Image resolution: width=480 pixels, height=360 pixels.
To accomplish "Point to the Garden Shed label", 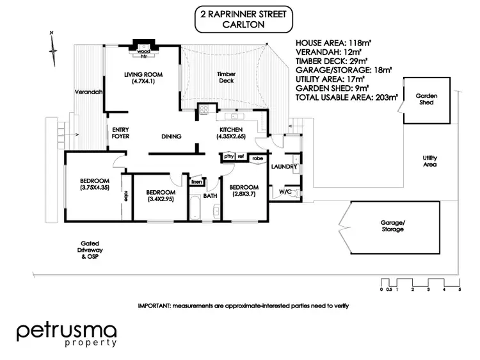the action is pos(426,97).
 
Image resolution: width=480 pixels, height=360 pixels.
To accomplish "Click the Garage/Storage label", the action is pos(393,225).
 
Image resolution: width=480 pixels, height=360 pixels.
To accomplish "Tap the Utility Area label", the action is pos(429,161).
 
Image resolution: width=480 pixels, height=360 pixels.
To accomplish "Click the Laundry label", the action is pos(284,167).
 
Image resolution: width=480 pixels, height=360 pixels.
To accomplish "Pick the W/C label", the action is pos(283,190).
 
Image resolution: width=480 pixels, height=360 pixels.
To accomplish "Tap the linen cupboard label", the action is pos(197,182).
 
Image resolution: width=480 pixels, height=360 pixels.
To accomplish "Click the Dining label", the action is pos(172,136).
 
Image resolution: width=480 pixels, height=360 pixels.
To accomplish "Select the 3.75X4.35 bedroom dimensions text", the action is pos(94,188).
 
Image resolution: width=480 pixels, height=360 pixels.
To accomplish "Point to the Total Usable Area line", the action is pos(347,97).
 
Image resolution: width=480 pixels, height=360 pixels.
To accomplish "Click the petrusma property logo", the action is pos(67,334).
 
